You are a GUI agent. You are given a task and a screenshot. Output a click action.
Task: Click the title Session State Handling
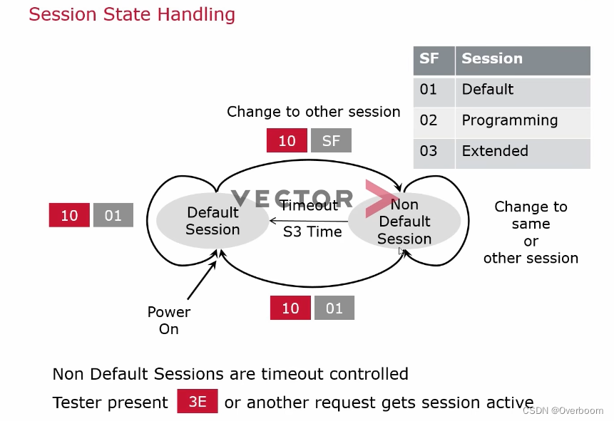[131, 14]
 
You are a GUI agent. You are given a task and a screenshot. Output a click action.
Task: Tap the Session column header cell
[522, 60]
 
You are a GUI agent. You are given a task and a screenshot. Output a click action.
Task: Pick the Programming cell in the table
[522, 120]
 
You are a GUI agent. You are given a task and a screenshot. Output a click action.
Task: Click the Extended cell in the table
[522, 151]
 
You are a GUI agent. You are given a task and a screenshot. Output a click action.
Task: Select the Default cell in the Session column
[522, 90]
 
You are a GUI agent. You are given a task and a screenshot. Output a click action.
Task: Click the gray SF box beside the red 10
[331, 140]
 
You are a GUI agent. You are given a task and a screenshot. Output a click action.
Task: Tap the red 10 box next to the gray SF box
[287, 140]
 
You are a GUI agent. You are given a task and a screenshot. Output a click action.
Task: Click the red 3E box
[198, 402]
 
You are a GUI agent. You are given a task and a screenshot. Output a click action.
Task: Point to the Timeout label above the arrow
[308, 206]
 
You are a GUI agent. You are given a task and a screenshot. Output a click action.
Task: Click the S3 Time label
[312, 232]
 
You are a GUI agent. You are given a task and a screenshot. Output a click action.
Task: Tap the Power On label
[169, 321]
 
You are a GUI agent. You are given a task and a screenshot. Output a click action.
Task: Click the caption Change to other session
[313, 112]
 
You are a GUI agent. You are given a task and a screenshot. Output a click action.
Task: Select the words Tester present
[111, 402]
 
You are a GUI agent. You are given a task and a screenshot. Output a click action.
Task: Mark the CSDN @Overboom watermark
[563, 411]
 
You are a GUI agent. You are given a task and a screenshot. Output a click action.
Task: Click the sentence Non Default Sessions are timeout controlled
[230, 374]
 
